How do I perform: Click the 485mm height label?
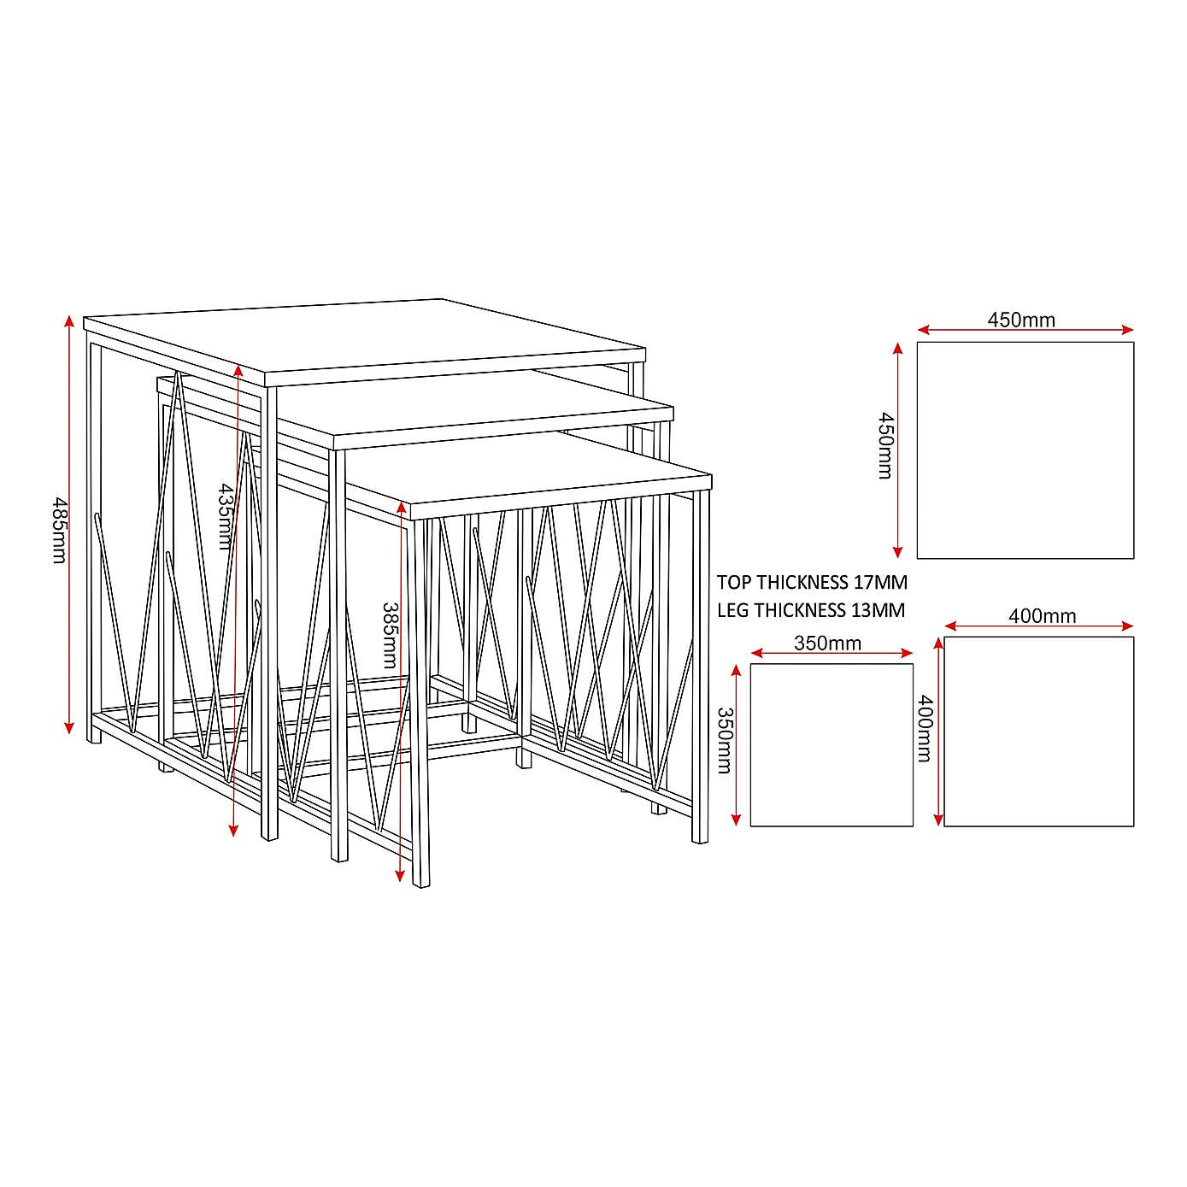pyautogui.click(x=59, y=530)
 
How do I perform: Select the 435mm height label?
pyautogui.click(x=226, y=516)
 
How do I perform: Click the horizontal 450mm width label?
pyautogui.click(x=1021, y=320)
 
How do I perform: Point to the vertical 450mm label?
pyautogui.click(x=886, y=446)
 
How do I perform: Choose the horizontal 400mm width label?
pyautogui.click(x=1042, y=615)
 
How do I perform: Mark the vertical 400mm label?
pyautogui.click(x=925, y=728)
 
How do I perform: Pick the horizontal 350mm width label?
pyautogui.click(x=827, y=643)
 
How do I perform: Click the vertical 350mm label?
pyautogui.click(x=724, y=740)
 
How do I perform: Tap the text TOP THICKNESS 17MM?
pyautogui.click(x=812, y=582)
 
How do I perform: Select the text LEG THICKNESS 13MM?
pyautogui.click(x=810, y=610)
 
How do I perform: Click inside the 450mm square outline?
pyautogui.click(x=1025, y=450)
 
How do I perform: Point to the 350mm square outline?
pyautogui.click(x=831, y=744)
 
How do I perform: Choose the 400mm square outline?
pyautogui.click(x=1038, y=732)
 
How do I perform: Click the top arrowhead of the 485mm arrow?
pyautogui.click(x=69, y=320)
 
